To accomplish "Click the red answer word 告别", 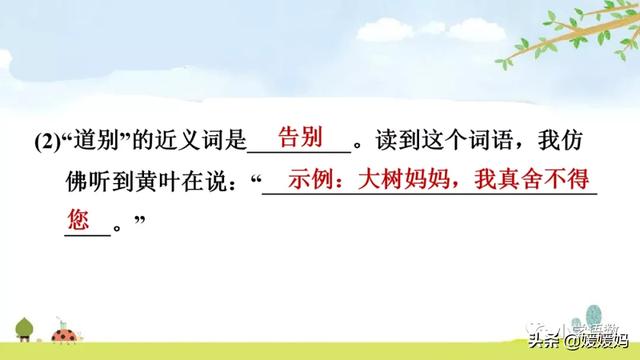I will (x=300, y=136).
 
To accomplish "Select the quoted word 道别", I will (x=93, y=142).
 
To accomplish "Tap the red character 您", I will (x=79, y=217).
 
